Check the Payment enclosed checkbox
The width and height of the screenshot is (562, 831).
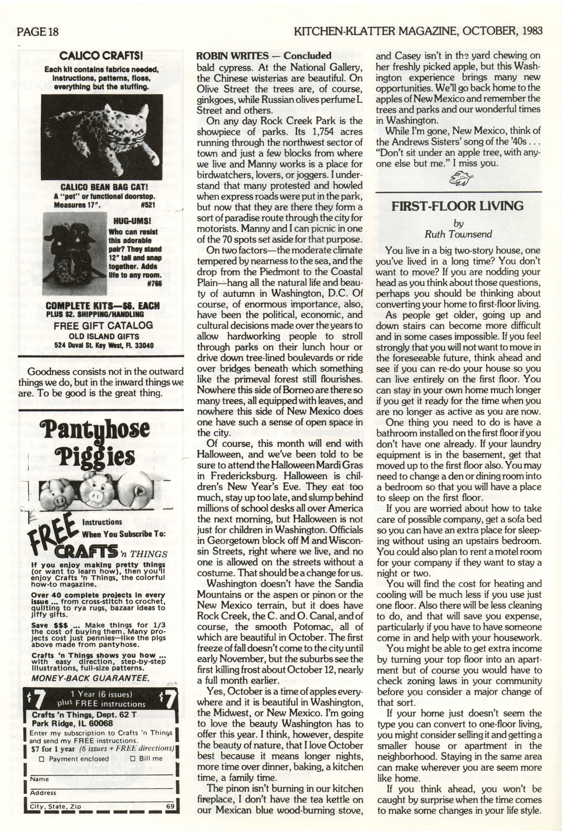click(x=41, y=759)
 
